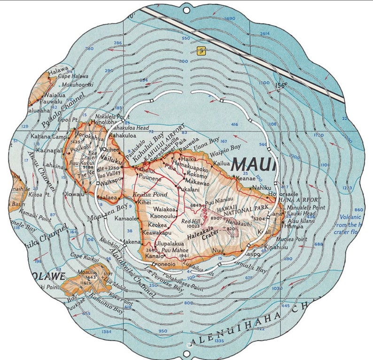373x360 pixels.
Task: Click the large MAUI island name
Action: point(253,165)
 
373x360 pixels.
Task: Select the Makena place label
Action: point(131,242)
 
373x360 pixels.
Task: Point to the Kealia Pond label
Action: point(144,194)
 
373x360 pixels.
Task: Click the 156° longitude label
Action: point(281,85)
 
